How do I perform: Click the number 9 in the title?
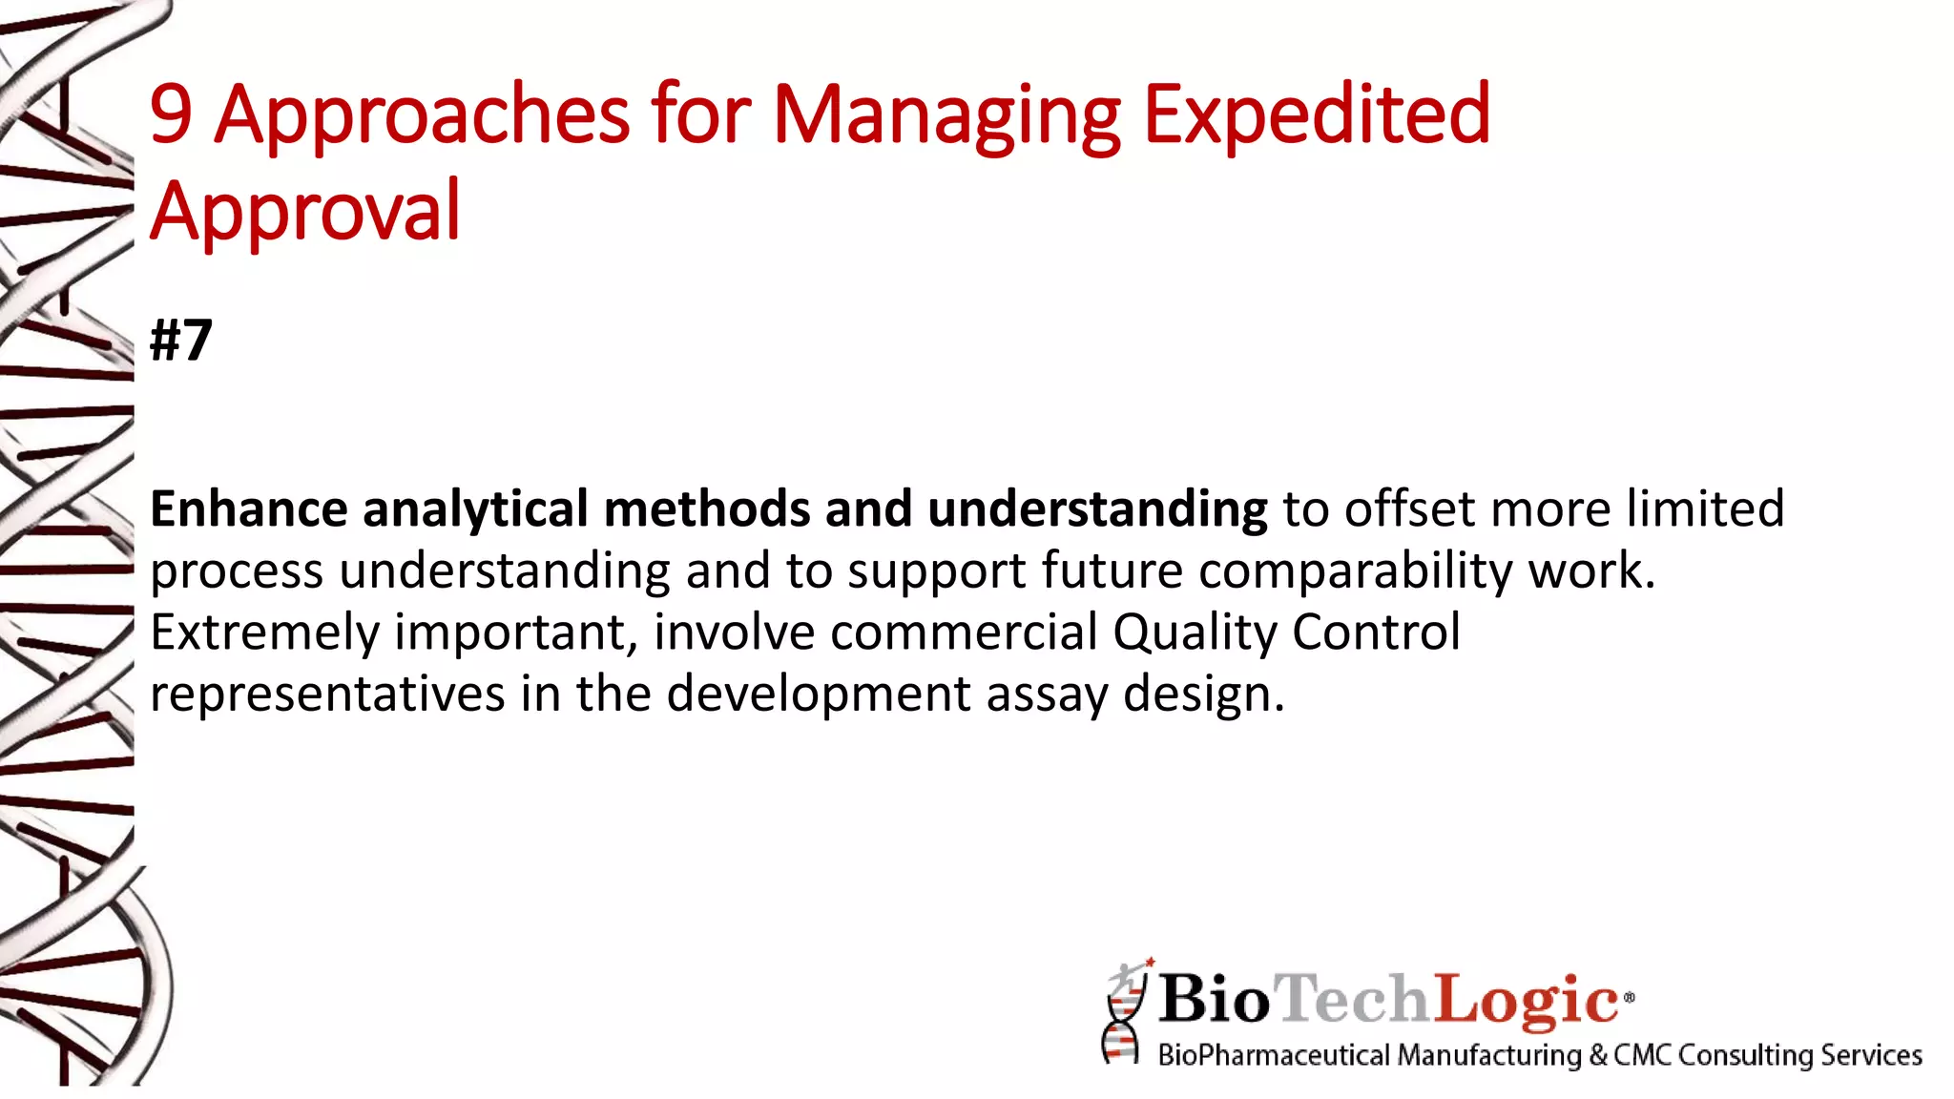172,115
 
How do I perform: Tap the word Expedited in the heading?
1316,115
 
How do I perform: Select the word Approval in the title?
305,211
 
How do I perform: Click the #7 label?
181,341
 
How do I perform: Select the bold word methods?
706,508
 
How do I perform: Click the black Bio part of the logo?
1214,1000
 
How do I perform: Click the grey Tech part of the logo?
1353,1000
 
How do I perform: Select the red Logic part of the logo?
1524,1000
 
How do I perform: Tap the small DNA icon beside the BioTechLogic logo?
1124,1013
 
